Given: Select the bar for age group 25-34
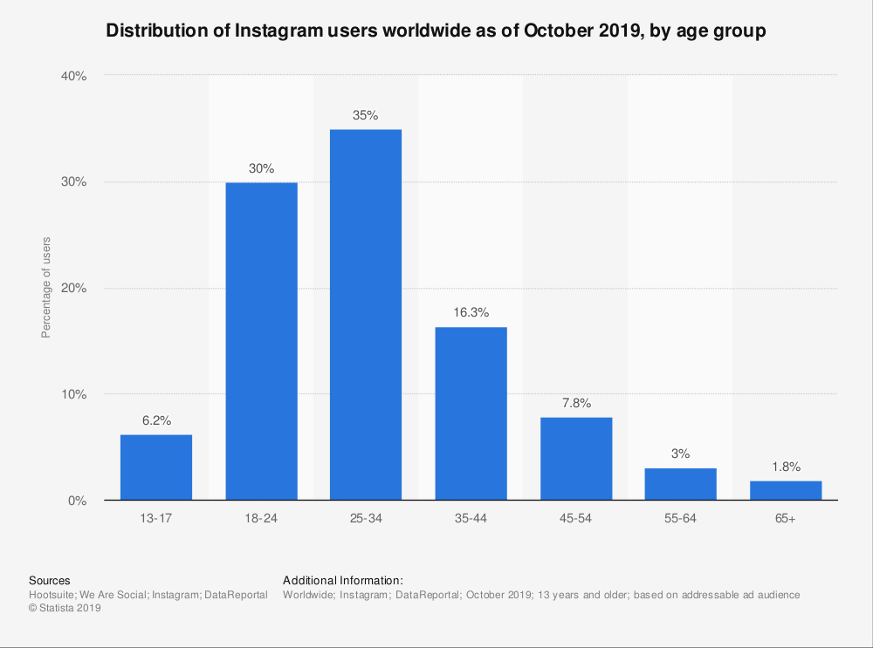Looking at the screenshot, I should (x=366, y=315).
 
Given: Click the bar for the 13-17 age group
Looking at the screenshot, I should (x=156, y=467).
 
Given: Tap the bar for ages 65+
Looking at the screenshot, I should (x=786, y=490).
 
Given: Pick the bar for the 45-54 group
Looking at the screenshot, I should (x=576, y=459).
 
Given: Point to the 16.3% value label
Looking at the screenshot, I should (x=471, y=312).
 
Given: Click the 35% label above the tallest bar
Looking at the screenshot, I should (x=366, y=115).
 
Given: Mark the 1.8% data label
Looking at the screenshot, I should (x=786, y=467).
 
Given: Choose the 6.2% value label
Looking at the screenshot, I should (x=156, y=420).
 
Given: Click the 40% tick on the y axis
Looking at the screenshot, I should (x=74, y=76).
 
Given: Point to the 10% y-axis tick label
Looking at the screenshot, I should (x=74, y=394).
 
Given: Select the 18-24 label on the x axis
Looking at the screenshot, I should (x=261, y=519).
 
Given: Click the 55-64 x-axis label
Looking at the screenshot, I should (x=681, y=519).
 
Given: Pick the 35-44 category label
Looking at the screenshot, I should (x=471, y=519).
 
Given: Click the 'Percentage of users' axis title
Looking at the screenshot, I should (x=46, y=288).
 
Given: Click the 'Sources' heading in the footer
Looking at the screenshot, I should (x=49, y=580).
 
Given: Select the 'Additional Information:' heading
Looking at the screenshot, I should (x=342, y=580).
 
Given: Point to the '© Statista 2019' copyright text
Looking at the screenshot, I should (x=65, y=609).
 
